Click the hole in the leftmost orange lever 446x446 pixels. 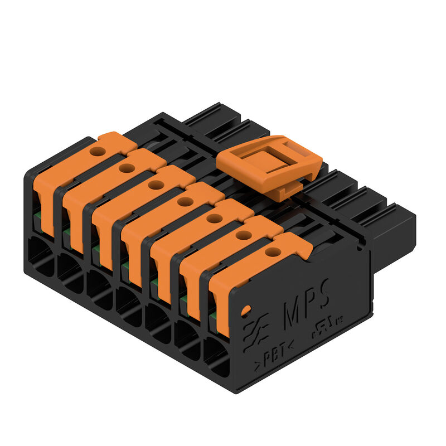[98, 151]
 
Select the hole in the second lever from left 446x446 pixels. [127, 168]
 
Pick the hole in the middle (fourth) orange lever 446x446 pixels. [185, 201]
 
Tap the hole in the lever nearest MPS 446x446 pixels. [272, 252]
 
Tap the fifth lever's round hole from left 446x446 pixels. [214, 218]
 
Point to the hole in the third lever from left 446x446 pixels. [156, 185]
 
